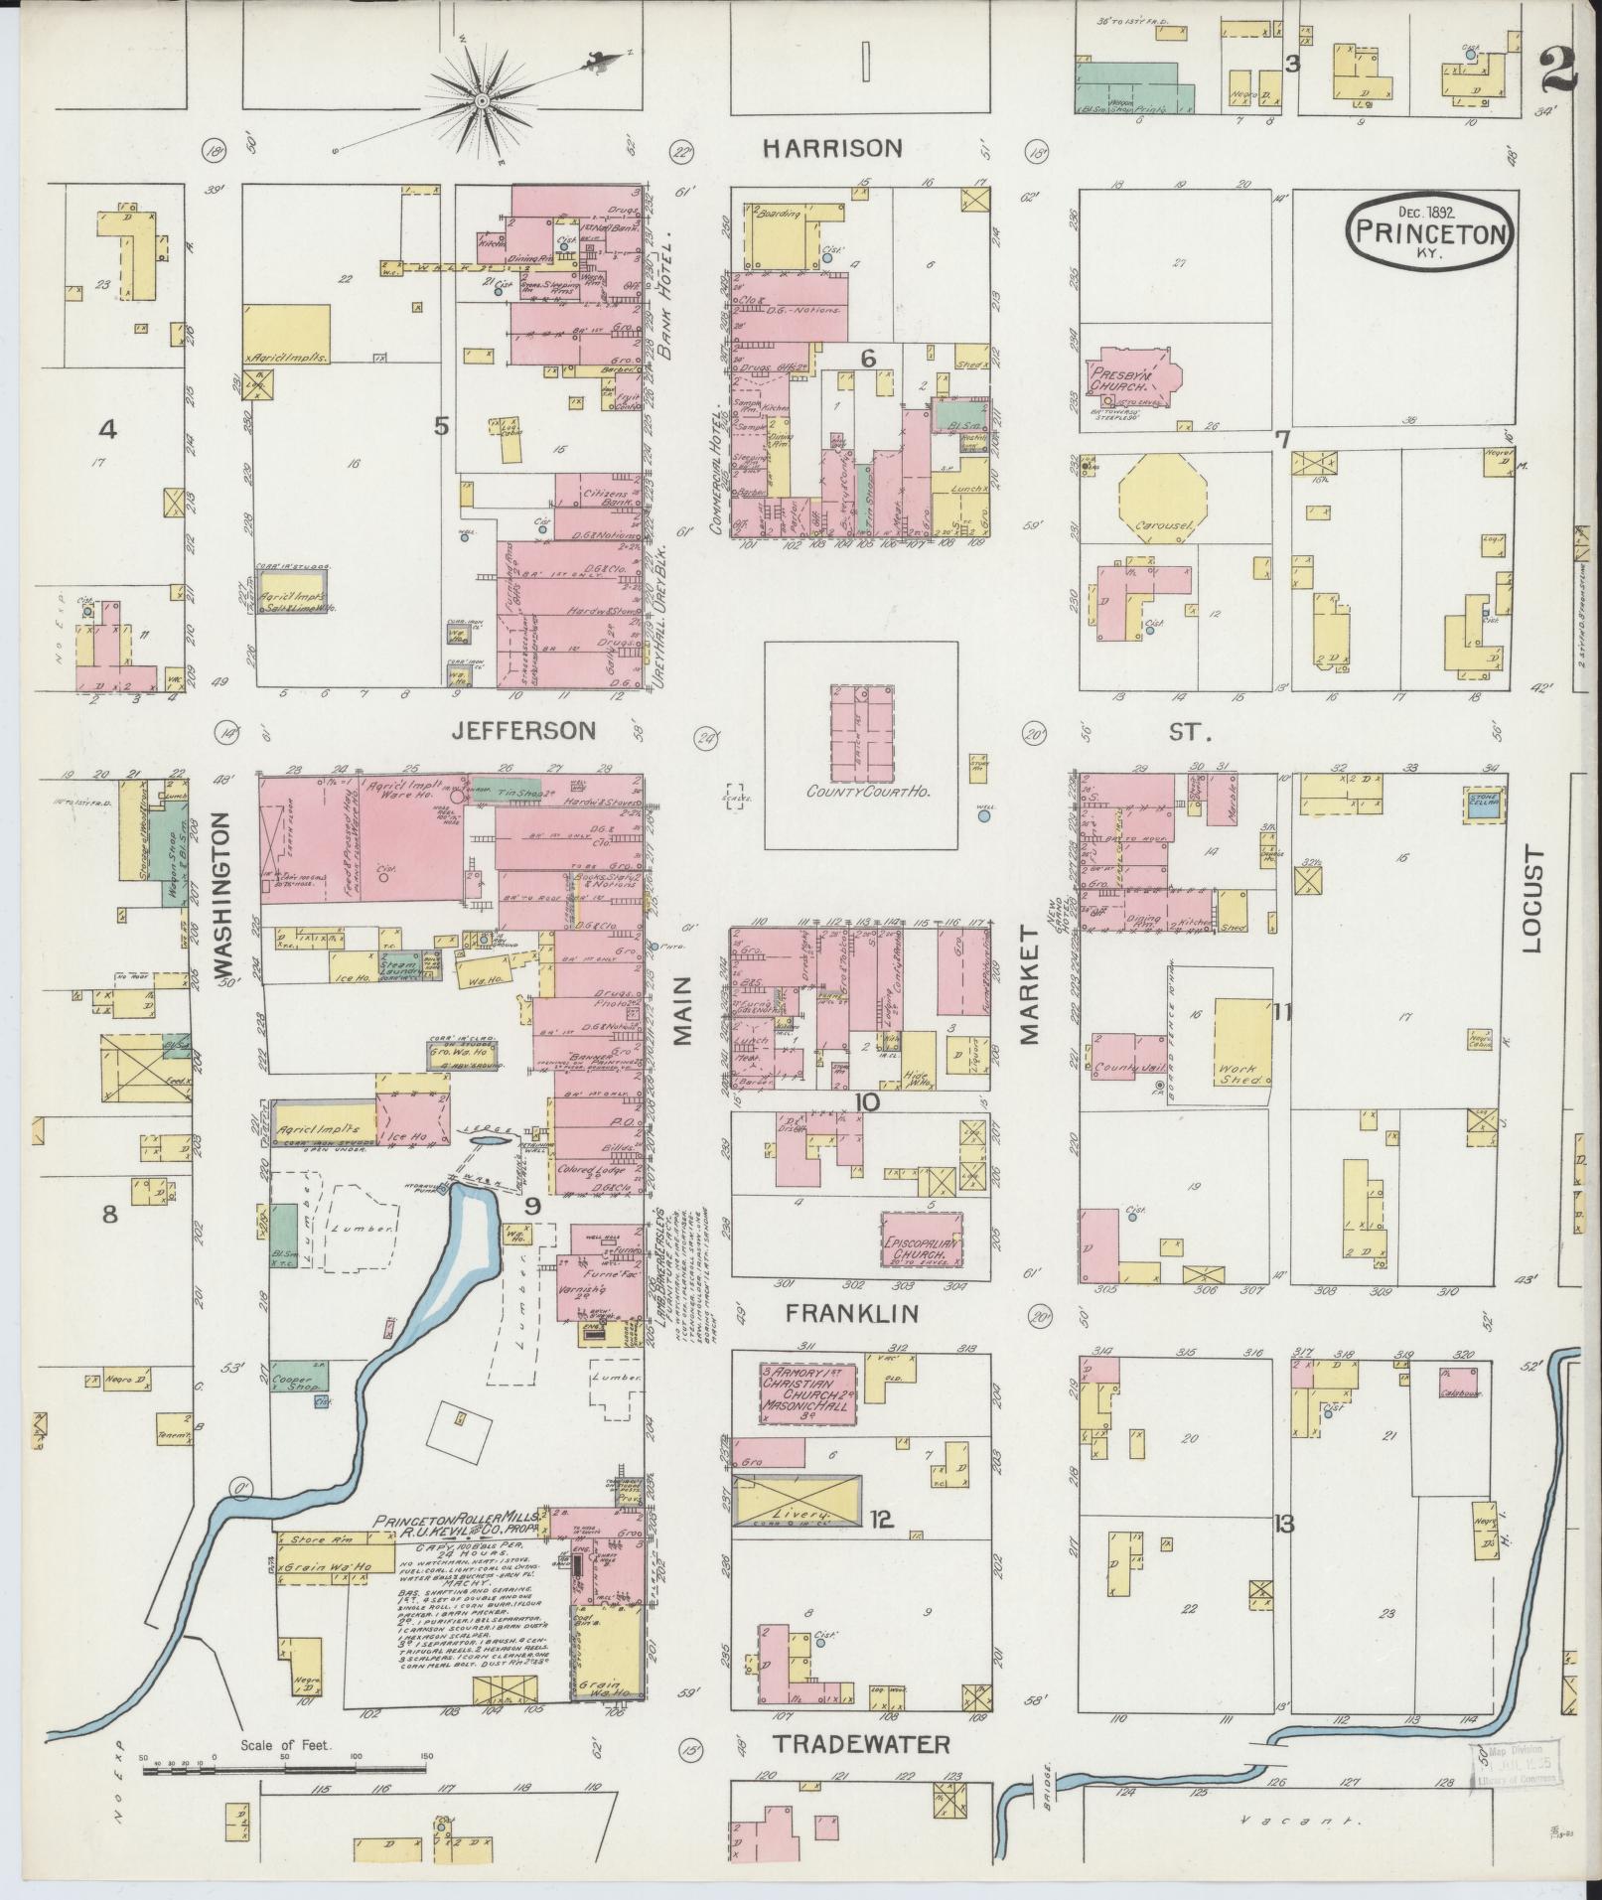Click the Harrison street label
[x=832, y=148]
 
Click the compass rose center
[x=482, y=100]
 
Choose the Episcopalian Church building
[x=923, y=1239]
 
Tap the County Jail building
[x=1129, y=1058]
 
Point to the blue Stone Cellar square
[x=1486, y=804]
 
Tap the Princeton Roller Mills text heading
[x=457, y=1548]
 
